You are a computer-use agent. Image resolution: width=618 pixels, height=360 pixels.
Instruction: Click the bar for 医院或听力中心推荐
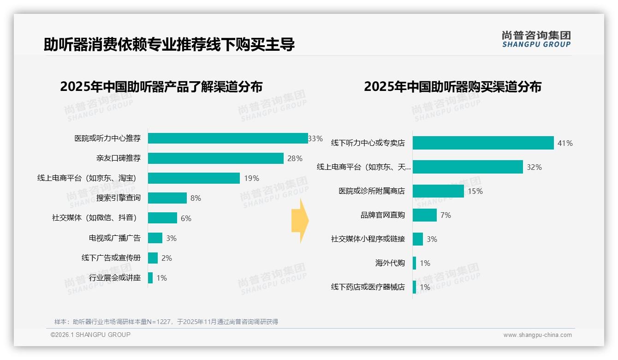pos(228,138)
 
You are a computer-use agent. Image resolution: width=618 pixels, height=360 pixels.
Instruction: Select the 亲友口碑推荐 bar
pos(215,158)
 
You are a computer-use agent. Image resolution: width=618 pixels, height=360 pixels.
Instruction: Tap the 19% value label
pos(252,178)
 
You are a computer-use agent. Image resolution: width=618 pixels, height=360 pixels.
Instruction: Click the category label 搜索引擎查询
pos(119,198)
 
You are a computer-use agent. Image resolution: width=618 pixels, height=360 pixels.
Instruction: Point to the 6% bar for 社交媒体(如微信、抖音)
pos(162,218)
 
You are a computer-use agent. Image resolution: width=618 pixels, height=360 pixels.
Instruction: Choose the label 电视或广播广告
pos(115,238)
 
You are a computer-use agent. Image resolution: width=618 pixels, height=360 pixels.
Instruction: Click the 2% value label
pos(166,258)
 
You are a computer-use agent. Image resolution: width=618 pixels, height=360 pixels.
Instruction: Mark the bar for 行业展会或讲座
pos(150,278)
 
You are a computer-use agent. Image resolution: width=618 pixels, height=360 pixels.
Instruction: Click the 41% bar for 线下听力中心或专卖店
pos(483,143)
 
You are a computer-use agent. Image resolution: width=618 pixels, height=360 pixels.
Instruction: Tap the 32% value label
pos(534,167)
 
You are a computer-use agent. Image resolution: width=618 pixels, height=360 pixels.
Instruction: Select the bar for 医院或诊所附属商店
pos(438,191)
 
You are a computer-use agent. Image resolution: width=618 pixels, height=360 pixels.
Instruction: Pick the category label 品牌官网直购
pos(383,215)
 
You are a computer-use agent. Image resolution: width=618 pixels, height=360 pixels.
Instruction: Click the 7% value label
pos(446,215)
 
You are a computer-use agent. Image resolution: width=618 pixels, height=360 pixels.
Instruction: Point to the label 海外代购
pos(390,263)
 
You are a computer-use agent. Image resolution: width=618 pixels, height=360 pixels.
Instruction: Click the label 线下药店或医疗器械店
pos(368,287)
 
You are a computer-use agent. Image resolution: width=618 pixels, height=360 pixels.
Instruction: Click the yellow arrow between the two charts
pos(300,221)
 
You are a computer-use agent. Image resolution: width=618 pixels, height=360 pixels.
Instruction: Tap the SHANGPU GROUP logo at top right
pos(536,39)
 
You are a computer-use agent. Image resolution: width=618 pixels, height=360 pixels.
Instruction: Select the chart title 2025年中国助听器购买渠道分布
pos(452,87)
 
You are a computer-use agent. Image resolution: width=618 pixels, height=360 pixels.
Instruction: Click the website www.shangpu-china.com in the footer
pos(537,335)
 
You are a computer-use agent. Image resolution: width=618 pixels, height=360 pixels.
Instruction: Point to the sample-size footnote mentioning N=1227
pos(166,322)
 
